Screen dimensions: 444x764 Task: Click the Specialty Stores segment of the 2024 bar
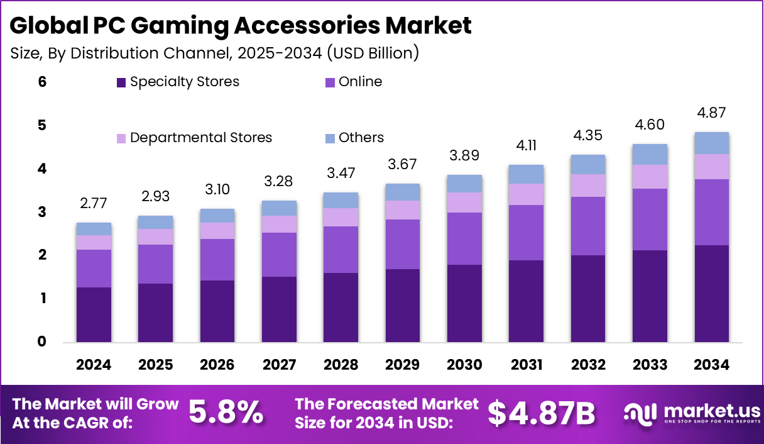(x=94, y=314)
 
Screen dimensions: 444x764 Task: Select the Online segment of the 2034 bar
(x=711, y=212)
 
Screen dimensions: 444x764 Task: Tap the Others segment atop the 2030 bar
(x=464, y=184)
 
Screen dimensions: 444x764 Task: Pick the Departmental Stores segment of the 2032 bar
(x=588, y=186)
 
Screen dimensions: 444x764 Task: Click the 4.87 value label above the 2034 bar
(x=711, y=114)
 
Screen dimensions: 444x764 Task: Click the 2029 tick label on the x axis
(x=402, y=365)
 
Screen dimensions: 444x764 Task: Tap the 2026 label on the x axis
(x=217, y=365)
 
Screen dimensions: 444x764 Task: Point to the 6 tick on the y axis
(x=42, y=82)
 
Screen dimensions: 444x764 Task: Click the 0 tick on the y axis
(x=42, y=342)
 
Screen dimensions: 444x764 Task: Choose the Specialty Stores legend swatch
(x=121, y=82)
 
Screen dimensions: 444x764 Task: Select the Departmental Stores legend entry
(x=200, y=138)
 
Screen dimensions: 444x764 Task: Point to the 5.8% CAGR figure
(x=226, y=413)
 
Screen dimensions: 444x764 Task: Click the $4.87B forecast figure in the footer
(x=541, y=413)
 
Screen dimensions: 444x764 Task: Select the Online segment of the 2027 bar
(x=279, y=255)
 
